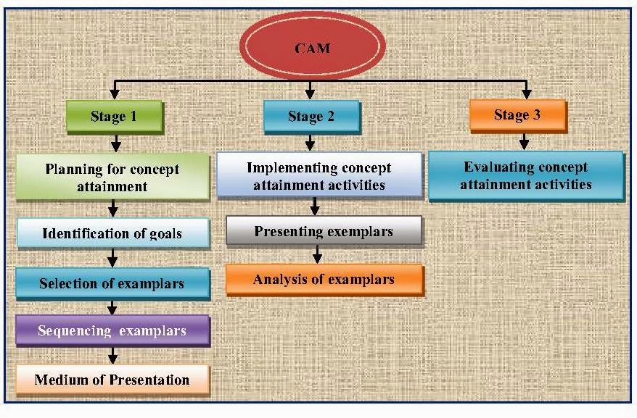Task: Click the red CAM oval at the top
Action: (312, 48)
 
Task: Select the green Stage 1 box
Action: (114, 116)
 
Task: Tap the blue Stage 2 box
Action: (311, 116)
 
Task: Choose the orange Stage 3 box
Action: (517, 114)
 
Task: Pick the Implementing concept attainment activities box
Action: (319, 175)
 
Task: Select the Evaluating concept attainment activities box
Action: (525, 175)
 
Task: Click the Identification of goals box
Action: (112, 233)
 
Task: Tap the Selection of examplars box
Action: (112, 283)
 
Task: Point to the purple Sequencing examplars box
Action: (112, 330)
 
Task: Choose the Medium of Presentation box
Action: (112, 380)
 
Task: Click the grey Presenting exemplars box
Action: (324, 232)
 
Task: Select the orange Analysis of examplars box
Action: (324, 279)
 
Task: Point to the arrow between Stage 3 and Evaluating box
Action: (525, 141)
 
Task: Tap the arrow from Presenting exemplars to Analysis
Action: (316, 255)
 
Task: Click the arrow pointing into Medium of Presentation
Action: (113, 356)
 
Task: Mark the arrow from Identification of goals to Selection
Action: (113, 258)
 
